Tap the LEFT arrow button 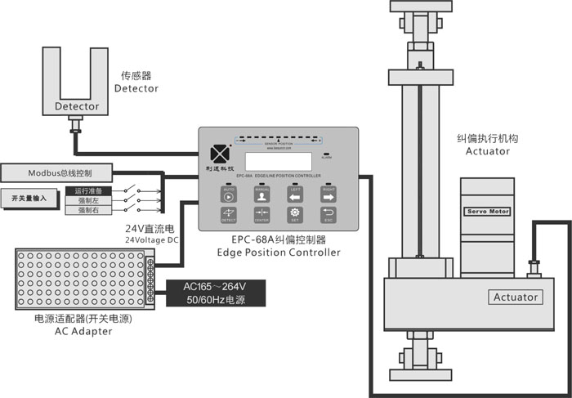pos(294,195)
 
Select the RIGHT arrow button pos(328,195)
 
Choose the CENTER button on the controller pos(261,215)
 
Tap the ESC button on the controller pos(328,215)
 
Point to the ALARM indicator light pos(326,154)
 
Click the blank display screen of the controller pos(278,161)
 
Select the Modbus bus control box pos(57,173)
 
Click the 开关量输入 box pos(29,199)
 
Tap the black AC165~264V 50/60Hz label pos(217,293)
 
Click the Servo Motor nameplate pos(487,211)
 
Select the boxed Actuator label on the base pos(516,297)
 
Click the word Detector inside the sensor pos(77,106)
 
